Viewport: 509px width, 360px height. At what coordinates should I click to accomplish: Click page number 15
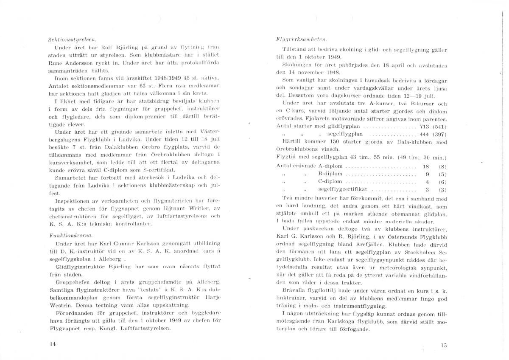click(444, 345)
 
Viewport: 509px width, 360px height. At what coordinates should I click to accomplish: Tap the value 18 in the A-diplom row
click(426, 166)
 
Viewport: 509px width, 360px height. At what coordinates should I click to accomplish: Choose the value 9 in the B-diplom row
click(428, 174)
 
